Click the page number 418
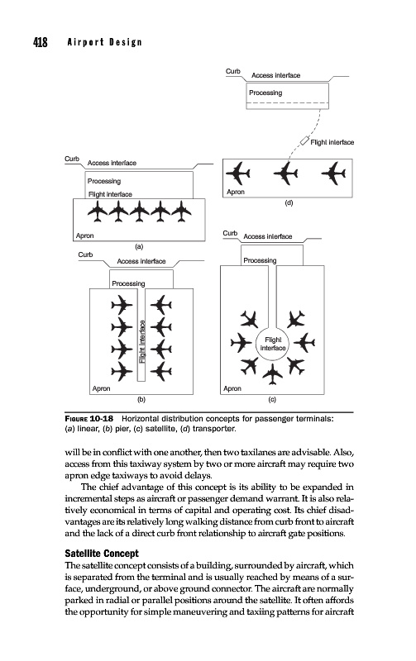[x=41, y=42]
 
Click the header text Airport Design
[x=105, y=42]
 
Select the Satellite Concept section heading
[x=102, y=553]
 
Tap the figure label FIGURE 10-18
[x=89, y=419]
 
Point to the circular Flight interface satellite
[x=273, y=344]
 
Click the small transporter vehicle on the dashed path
[x=304, y=140]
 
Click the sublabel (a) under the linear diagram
[x=139, y=246]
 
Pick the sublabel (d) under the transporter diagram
[x=289, y=202]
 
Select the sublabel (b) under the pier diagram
[x=141, y=399]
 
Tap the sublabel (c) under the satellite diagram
[x=272, y=399]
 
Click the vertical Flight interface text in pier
[x=142, y=342]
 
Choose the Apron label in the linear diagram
[x=85, y=235]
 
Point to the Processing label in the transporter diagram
[x=265, y=93]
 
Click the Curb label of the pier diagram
[x=85, y=254]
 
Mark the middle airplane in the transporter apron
[x=285, y=173]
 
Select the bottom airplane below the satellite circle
[x=273, y=374]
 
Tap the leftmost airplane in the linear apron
[x=98, y=212]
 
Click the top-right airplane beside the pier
[x=160, y=304]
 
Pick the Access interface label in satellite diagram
[x=267, y=236]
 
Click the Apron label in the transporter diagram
[x=236, y=192]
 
